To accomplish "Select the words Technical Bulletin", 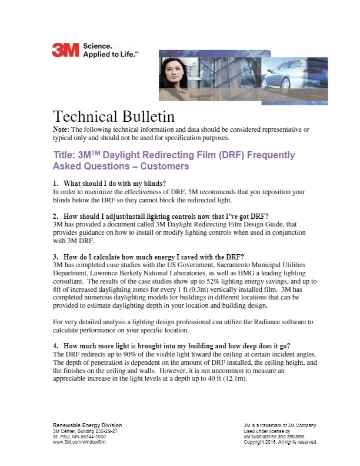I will (x=114, y=115).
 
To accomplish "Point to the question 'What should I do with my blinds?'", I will (x=116, y=183).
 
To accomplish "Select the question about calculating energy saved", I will (x=150, y=257).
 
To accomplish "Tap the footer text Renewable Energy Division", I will (x=88, y=425).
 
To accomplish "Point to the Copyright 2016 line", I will (x=281, y=442).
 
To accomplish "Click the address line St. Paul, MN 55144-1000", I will (x=79, y=437).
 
